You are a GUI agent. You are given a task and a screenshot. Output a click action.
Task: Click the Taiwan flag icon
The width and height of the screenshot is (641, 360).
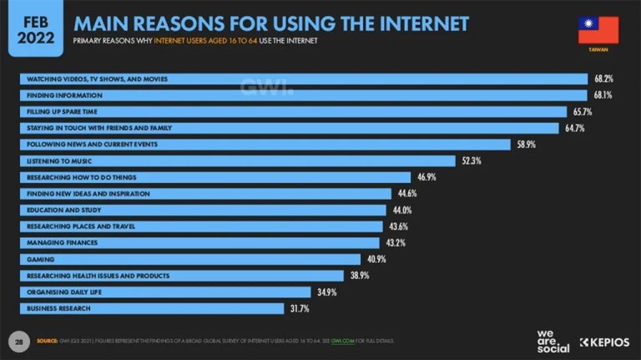(598, 30)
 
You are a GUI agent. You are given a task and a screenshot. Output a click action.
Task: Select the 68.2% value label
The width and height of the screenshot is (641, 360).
(603, 79)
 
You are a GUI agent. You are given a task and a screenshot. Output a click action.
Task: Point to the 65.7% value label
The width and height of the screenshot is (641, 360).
(582, 111)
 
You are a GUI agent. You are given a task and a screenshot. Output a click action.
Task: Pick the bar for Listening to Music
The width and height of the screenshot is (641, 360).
(238, 160)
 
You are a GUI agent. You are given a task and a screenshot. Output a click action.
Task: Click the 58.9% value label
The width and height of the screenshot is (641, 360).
(525, 145)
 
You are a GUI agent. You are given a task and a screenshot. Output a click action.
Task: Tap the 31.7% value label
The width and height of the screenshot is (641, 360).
(299, 308)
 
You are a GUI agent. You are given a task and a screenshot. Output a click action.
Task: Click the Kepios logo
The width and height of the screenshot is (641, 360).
(605, 342)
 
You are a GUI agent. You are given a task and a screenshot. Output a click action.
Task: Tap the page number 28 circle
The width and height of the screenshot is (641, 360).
(18, 342)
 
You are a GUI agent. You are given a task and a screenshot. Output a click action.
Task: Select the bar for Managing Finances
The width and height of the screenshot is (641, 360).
(200, 242)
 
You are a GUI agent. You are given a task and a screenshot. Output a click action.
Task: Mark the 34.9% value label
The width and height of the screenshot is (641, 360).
(325, 292)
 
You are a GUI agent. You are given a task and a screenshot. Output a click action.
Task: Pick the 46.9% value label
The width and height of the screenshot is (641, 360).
(426, 177)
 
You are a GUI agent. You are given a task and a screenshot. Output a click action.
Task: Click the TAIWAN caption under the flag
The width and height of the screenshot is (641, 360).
(598, 52)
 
